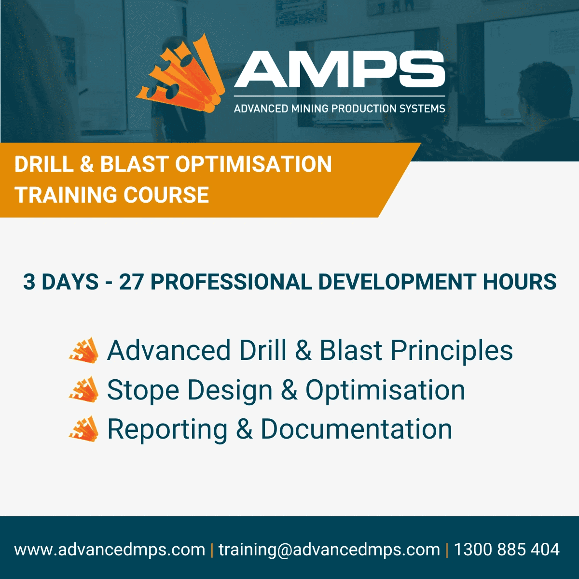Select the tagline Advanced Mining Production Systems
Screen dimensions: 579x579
(339, 109)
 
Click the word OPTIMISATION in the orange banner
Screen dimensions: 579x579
(253, 164)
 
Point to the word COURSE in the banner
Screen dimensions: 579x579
(166, 195)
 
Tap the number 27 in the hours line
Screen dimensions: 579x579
(131, 282)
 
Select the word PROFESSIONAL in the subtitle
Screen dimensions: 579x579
(231, 282)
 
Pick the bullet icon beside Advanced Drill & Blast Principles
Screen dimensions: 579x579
(84, 350)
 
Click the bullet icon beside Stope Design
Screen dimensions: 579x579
(84, 390)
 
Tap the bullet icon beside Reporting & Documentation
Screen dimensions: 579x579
(84, 429)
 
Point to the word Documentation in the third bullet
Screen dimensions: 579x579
(356, 429)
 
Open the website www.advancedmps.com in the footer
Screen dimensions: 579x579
(110, 550)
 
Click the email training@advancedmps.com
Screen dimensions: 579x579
(329, 550)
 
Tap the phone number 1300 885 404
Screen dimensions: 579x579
(507, 550)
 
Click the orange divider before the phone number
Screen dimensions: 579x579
(447, 550)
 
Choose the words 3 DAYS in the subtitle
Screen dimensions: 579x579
(61, 282)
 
